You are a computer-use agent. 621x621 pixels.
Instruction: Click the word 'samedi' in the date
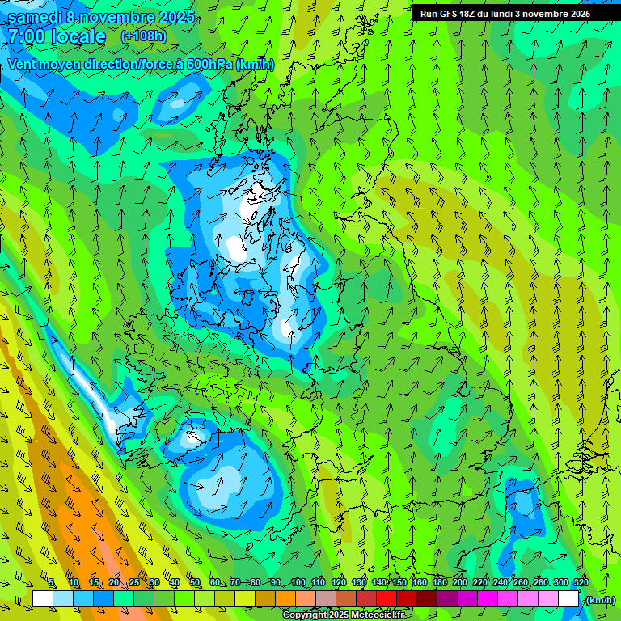(x=36, y=17)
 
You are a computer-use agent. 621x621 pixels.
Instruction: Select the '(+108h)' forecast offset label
(x=143, y=36)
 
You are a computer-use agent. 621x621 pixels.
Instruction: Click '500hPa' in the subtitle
(x=209, y=64)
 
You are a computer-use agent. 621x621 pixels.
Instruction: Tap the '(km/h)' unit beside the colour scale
(x=600, y=599)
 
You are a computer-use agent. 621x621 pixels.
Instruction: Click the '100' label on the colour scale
(x=298, y=583)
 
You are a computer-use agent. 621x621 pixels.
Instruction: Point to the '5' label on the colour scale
(x=52, y=583)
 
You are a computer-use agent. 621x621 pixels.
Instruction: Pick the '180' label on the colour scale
(x=440, y=583)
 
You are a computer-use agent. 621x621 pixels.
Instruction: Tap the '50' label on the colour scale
(x=194, y=583)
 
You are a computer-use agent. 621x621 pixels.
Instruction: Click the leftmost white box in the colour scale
(x=43, y=599)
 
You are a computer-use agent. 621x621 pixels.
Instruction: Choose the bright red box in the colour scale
(x=387, y=599)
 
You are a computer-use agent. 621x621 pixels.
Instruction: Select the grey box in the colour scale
(x=326, y=599)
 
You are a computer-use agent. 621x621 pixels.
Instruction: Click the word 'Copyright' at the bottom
(x=305, y=615)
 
